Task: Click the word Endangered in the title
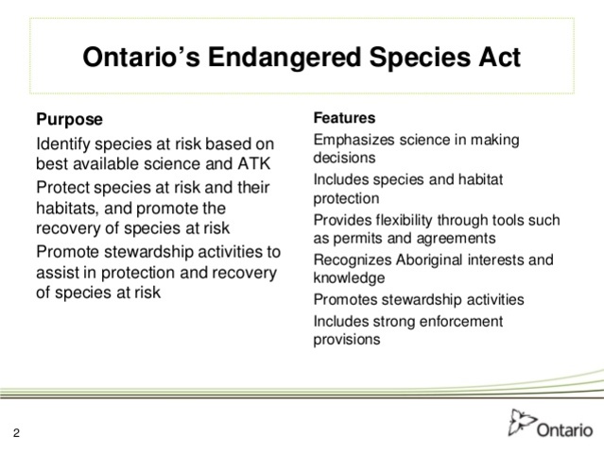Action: (x=300, y=58)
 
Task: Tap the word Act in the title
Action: (x=494, y=58)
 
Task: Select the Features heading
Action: (x=344, y=119)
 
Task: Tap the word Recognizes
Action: (x=353, y=260)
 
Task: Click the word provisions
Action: (x=347, y=339)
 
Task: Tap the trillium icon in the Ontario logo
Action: (x=522, y=421)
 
